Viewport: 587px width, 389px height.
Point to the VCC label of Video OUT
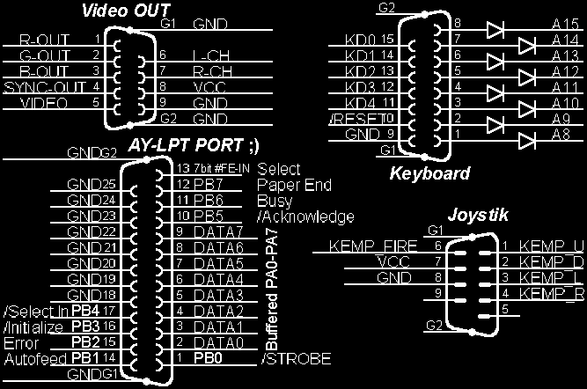tap(207, 88)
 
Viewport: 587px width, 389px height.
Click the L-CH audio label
tap(208, 55)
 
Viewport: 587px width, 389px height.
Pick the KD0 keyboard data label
tap(363, 40)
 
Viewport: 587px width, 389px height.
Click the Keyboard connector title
tap(429, 173)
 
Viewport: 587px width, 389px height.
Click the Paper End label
tap(294, 185)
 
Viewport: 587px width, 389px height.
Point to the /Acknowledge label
tap(305, 217)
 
